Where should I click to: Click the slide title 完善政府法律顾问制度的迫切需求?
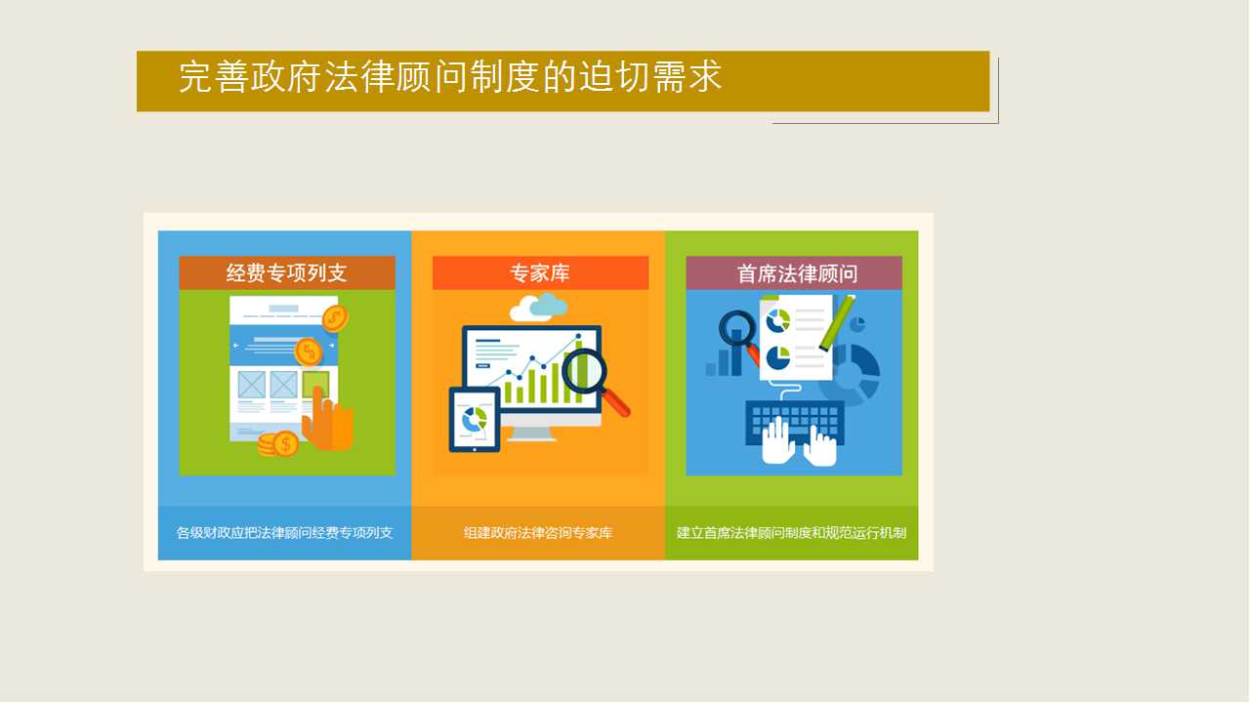tap(450, 77)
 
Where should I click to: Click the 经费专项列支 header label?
tap(287, 272)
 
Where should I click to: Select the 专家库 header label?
tap(540, 272)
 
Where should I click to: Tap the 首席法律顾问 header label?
tap(797, 273)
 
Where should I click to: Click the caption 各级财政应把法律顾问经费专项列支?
tap(284, 533)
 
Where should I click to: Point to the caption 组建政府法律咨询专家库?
tap(538, 533)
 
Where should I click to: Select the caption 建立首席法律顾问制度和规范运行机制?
tap(791, 533)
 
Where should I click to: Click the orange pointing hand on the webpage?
tap(327, 420)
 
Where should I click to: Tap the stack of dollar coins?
tap(278, 444)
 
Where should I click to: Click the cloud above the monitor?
tap(538, 308)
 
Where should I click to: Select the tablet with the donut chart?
tap(475, 419)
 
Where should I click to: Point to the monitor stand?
tap(531, 433)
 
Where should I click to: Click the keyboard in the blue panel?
tap(795, 423)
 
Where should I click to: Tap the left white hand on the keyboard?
tap(777, 440)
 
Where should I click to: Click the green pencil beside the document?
tap(837, 322)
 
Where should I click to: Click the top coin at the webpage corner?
tap(335, 318)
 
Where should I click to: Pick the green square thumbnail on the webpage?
tap(315, 385)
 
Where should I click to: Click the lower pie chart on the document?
tap(778, 357)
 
